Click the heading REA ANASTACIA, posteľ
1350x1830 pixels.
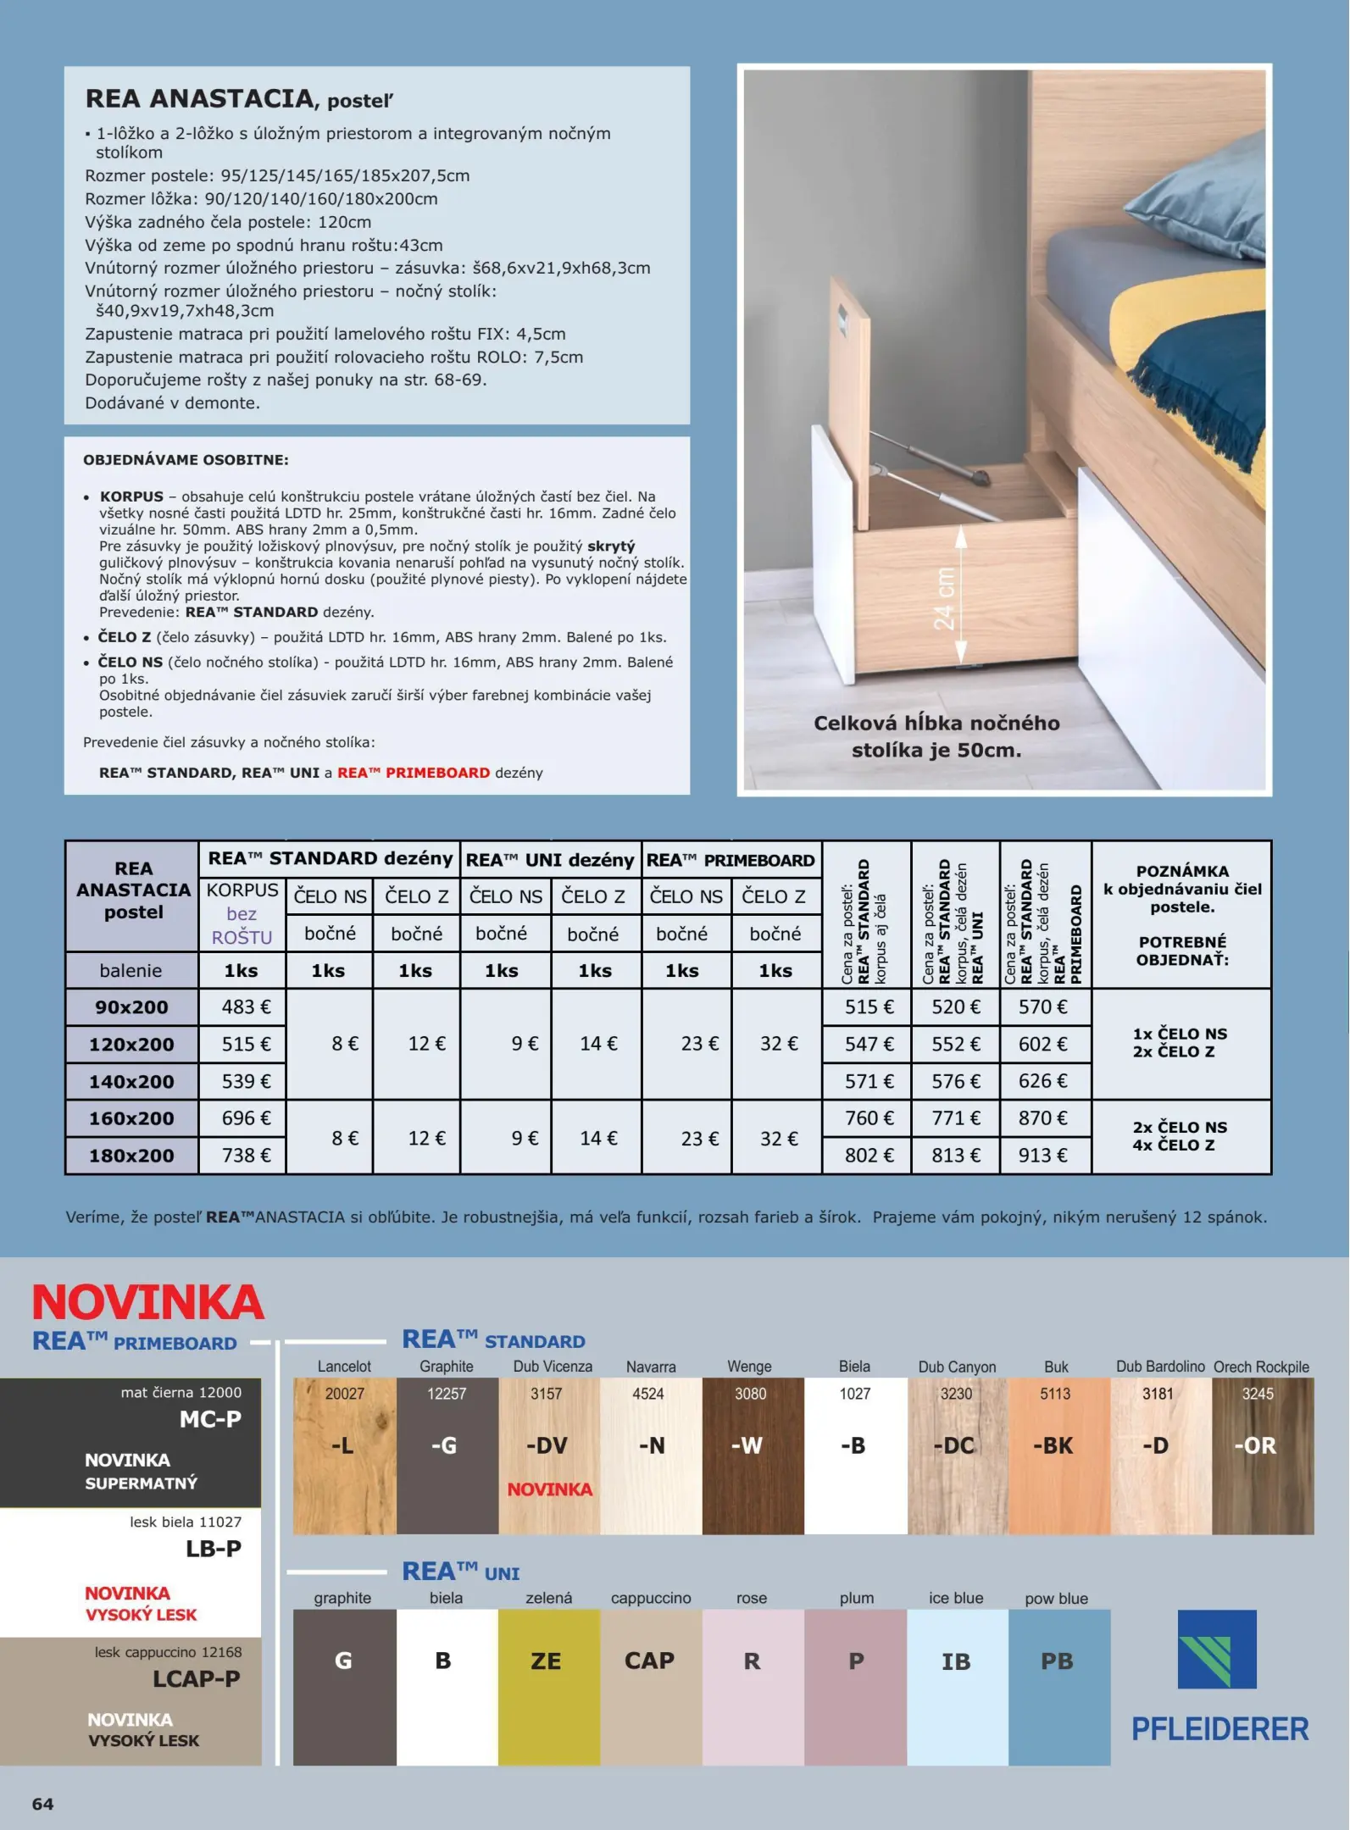pos(239,99)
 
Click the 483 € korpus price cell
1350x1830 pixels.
pos(246,1006)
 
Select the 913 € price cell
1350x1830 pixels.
pos(1043,1155)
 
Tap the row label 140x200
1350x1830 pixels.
pos(131,1081)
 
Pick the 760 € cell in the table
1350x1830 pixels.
pos(869,1117)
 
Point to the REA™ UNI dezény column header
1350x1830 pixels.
pos(550,860)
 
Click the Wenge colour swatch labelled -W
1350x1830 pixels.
pos(752,1455)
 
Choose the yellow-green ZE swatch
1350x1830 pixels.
pos(548,1686)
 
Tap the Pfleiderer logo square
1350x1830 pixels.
pos(1217,1649)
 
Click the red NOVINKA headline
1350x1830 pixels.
pos(148,1302)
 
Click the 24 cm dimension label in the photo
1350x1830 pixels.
pos(944,598)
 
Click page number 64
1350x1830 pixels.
pos(42,1804)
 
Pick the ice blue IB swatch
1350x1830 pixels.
pos(957,1686)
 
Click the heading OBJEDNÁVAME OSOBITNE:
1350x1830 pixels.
pos(186,460)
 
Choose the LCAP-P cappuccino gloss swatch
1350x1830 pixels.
pos(131,1700)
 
